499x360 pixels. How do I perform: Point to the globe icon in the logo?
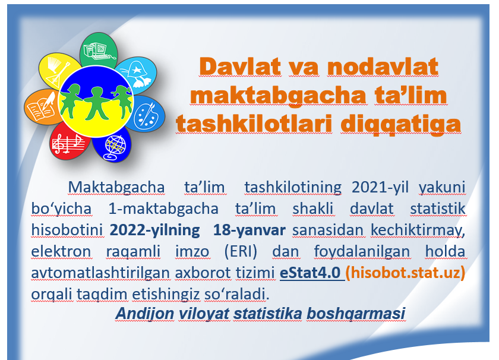tap(115, 147)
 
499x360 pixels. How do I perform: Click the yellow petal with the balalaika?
tap(59, 71)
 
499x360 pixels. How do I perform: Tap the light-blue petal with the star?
tap(137, 74)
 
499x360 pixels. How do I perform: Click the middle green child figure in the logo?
tap(96, 103)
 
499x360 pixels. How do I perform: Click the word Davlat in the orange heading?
tap(240, 67)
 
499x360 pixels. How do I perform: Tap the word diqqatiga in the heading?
tap(400, 124)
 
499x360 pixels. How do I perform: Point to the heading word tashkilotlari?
tap(254, 124)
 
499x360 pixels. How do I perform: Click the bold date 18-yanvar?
tap(249, 230)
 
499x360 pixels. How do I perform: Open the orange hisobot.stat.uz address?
tap(405, 273)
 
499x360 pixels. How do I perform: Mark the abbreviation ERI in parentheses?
tap(241, 251)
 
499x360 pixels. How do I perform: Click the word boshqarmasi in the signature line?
tap(356, 314)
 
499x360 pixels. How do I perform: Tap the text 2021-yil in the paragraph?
tap(380, 187)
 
